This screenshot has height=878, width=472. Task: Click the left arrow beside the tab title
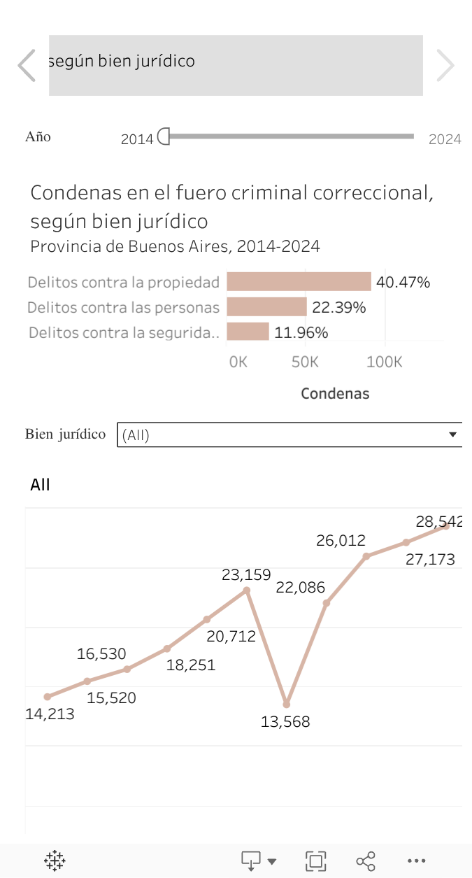point(27,66)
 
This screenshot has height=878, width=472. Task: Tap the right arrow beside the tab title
point(445,66)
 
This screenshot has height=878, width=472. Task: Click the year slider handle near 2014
point(164,136)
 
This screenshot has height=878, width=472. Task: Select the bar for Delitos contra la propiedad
point(299,282)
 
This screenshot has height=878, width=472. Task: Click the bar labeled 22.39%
point(266,307)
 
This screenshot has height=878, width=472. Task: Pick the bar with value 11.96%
point(248,332)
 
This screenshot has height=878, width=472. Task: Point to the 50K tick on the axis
point(304,362)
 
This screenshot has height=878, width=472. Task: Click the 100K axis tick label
point(384,362)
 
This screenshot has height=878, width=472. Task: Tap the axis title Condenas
point(335,393)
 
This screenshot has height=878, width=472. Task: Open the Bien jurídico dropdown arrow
point(452,434)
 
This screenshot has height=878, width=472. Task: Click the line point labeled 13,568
point(287,704)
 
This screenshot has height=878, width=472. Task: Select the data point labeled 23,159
point(247,590)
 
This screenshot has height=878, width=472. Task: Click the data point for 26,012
point(366,556)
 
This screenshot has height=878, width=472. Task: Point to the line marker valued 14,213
point(48,697)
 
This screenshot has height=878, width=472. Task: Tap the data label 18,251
point(191,665)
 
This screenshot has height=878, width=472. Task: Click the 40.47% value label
point(403,283)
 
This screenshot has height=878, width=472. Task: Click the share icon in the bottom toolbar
point(366,861)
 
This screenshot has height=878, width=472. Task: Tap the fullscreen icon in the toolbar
point(316,861)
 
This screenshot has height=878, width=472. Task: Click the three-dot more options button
point(416,861)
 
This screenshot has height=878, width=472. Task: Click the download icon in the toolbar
point(251,861)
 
